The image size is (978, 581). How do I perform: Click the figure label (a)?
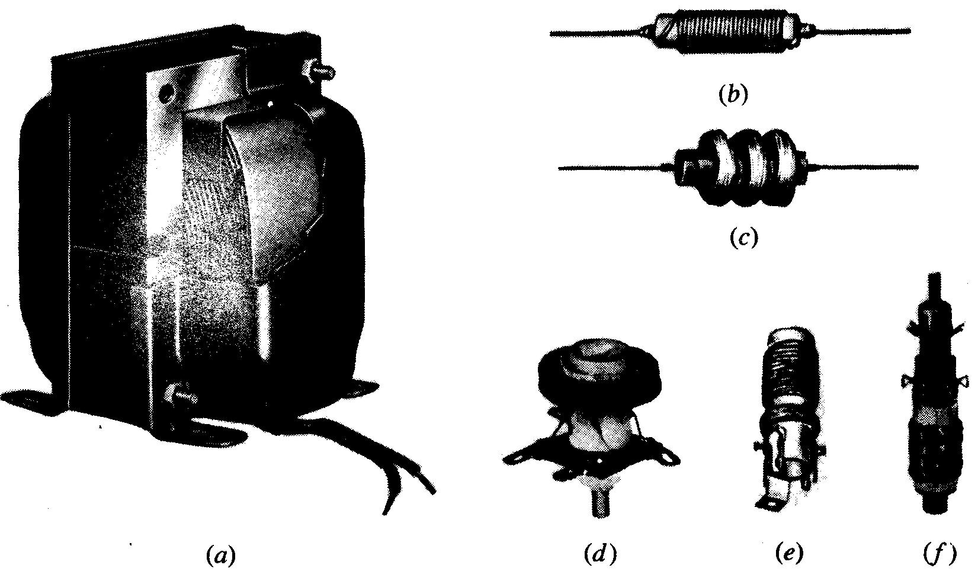(x=221, y=556)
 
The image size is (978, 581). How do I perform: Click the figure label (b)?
(x=733, y=95)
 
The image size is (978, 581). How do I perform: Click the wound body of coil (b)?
(x=726, y=33)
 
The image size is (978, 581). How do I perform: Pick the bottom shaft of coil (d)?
(x=600, y=504)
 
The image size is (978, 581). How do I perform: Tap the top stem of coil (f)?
(x=934, y=286)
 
